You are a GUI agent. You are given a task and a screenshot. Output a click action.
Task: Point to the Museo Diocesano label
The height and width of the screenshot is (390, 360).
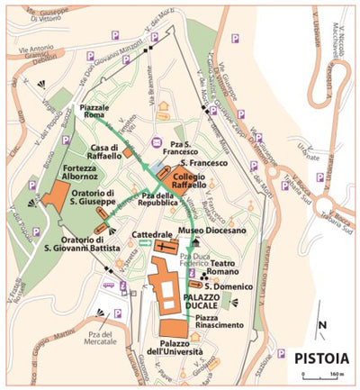click(217, 231)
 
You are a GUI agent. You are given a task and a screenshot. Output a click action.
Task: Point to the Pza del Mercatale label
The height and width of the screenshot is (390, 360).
click(105, 340)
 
